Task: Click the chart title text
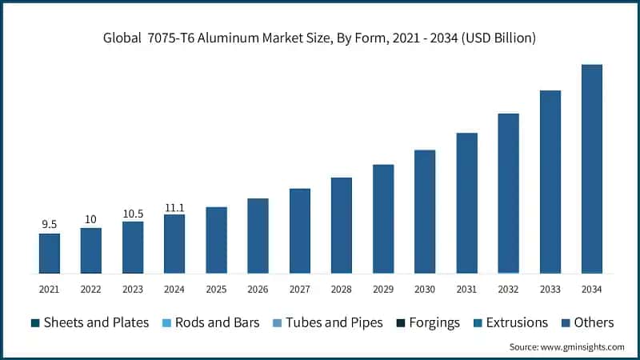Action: point(320,38)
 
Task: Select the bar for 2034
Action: point(591,169)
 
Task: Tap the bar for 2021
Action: point(50,254)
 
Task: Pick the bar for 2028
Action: point(342,226)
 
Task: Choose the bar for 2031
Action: point(466,203)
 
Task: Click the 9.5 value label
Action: point(50,226)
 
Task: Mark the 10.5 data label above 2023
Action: point(133,214)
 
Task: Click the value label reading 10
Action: point(91,220)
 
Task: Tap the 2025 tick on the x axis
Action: point(216,289)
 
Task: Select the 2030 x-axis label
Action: point(425,289)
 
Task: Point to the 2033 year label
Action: point(550,289)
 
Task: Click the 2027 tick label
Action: point(300,289)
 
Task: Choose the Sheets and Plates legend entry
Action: point(90,322)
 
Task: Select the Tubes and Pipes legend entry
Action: point(326,322)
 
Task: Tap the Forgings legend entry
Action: point(427,322)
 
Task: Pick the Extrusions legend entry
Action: point(510,322)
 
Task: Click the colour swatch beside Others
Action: point(567,323)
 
